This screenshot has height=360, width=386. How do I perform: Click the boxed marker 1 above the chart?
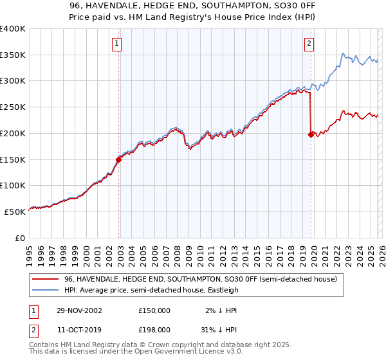click(116, 44)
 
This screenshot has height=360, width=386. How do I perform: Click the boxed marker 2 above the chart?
click(309, 44)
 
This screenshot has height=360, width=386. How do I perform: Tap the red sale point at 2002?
click(119, 159)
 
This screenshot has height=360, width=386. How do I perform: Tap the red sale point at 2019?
click(311, 134)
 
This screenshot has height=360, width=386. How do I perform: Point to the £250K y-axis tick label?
click(13, 107)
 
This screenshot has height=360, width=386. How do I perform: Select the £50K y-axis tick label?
click(15, 212)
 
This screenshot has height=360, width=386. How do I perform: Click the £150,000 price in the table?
click(154, 310)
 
